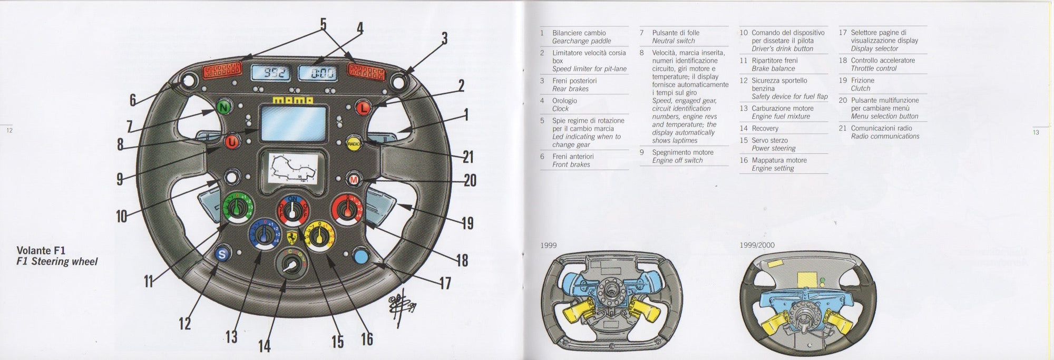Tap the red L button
click(363, 108)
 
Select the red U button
click(232, 141)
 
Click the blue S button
click(222, 255)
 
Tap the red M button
click(354, 180)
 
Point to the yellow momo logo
click(292, 100)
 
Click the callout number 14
click(264, 345)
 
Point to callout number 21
click(468, 157)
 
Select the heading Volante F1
click(41, 250)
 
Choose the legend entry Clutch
click(860, 89)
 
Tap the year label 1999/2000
click(756, 245)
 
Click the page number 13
click(1036, 132)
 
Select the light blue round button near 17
click(362, 256)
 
